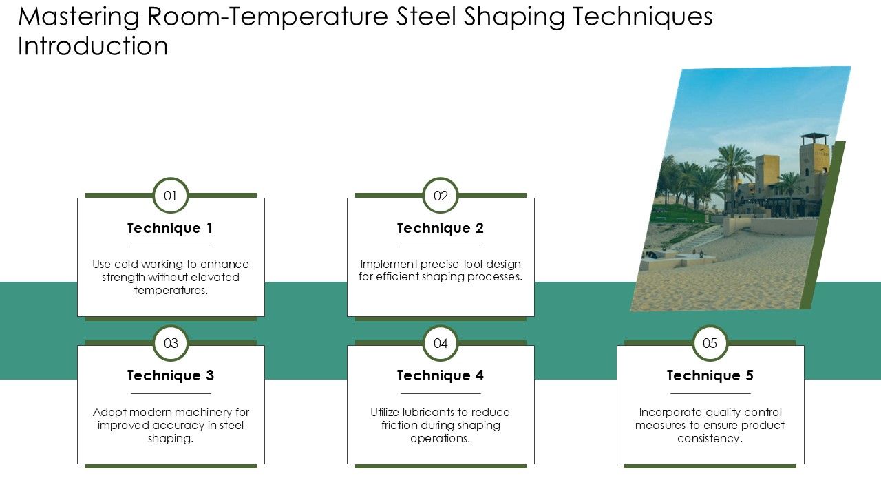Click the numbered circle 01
tap(171, 196)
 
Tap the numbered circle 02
tap(440, 196)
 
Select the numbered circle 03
tap(171, 343)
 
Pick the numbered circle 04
tap(440, 343)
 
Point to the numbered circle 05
tap(710, 343)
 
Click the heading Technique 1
tap(171, 228)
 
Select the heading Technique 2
tap(440, 228)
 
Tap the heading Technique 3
tap(171, 375)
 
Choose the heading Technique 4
tap(440, 375)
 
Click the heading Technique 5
tap(710, 375)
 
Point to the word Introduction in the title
tap(93, 47)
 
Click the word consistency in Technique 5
tap(710, 439)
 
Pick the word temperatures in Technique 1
tap(171, 291)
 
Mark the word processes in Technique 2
tap(496, 278)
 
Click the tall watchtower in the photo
tap(814, 165)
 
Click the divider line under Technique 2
tap(440, 247)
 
